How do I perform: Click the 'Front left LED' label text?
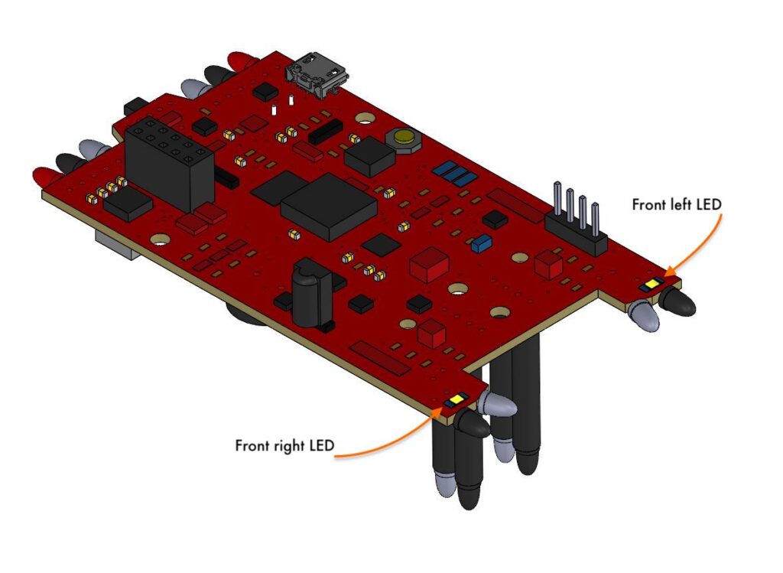pos(677,205)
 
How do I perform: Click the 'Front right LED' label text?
pos(284,445)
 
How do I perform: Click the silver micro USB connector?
pos(317,74)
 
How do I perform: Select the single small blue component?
pos(481,244)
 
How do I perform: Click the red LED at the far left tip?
pos(42,177)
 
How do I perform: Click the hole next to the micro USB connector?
pos(366,119)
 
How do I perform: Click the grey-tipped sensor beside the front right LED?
pos(498,403)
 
